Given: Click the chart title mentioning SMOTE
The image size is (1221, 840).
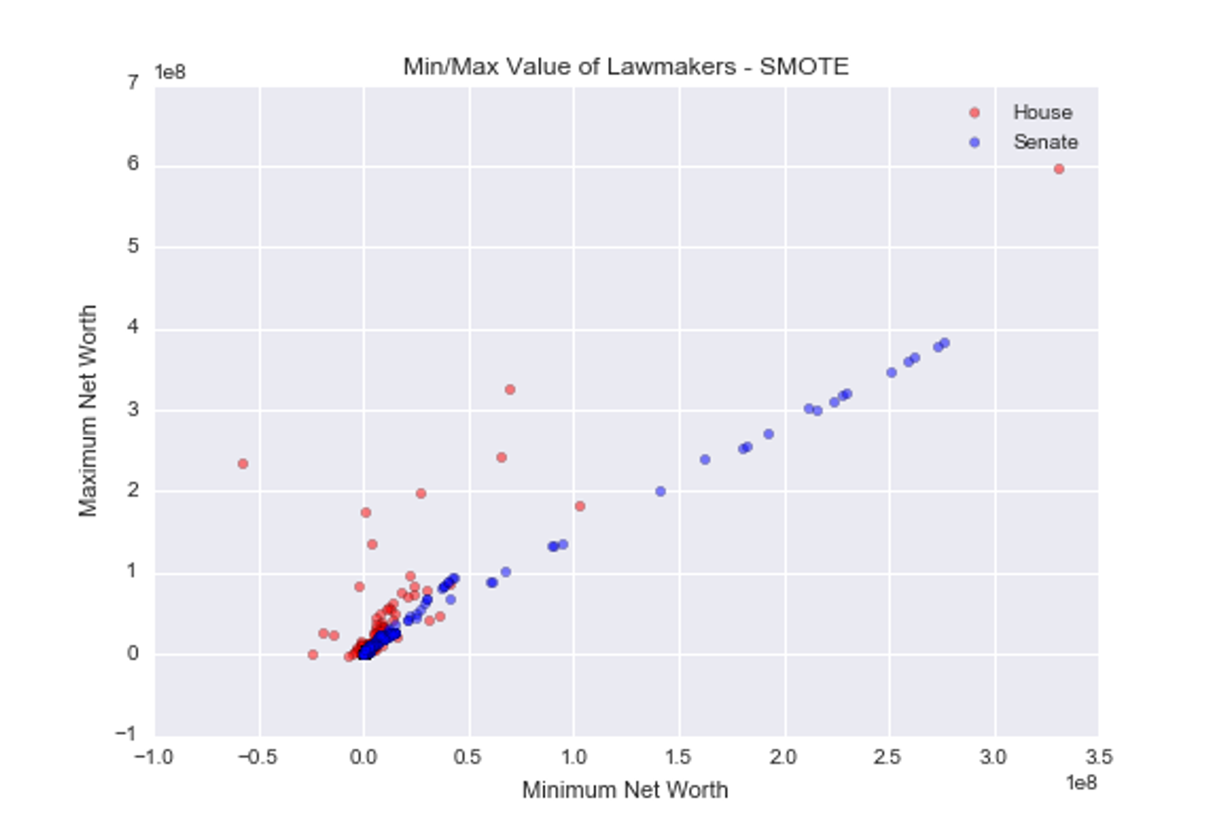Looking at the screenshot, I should (626, 66).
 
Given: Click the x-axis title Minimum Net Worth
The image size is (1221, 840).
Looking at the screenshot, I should (624, 790).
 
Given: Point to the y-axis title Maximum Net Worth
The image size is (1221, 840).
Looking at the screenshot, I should (88, 410).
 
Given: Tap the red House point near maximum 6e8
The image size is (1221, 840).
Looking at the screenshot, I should (1059, 169).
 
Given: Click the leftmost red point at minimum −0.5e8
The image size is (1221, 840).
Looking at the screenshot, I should (243, 464).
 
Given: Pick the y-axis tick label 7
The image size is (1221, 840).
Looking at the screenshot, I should (133, 83).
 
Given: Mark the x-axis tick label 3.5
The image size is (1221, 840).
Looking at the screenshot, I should (1098, 757).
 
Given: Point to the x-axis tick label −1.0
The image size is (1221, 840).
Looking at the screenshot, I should (154, 757).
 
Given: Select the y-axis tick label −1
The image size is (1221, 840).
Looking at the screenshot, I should (127, 734).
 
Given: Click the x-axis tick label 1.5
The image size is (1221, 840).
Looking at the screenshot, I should (678, 757).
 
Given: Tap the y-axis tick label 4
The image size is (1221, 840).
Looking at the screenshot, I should (133, 327).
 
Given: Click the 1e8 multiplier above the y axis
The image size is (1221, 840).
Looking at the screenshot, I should (170, 73).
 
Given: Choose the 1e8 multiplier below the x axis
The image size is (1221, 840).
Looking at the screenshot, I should (1081, 783).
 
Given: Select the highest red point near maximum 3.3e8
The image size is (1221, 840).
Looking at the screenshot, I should (510, 389).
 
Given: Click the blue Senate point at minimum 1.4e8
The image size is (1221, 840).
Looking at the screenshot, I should (661, 491).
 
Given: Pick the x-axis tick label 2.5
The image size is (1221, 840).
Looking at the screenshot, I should (888, 757).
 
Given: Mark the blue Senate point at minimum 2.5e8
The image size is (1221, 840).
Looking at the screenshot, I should (892, 372).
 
